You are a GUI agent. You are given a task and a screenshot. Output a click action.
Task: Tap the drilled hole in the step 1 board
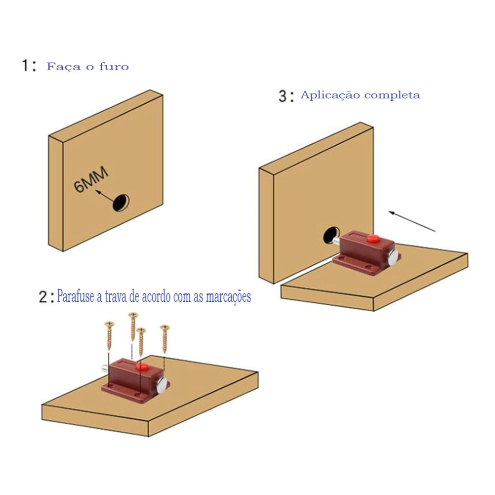pos(122,202)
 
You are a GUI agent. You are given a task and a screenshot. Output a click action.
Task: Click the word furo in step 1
pos(114,66)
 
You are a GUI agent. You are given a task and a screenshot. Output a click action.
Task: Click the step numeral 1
pos(26,66)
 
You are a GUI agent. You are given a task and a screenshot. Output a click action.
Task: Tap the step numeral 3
pos(283,96)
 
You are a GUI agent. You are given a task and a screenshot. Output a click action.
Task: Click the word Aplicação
pos(330,95)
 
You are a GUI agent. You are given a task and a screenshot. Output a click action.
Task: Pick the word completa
pos(392,95)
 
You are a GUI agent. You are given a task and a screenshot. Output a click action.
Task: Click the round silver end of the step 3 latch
pos(394,255)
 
